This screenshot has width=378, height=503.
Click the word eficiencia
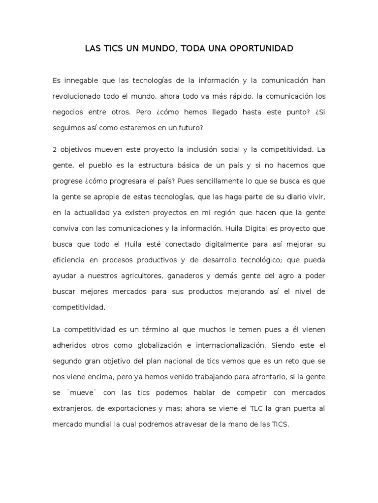point(68,260)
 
